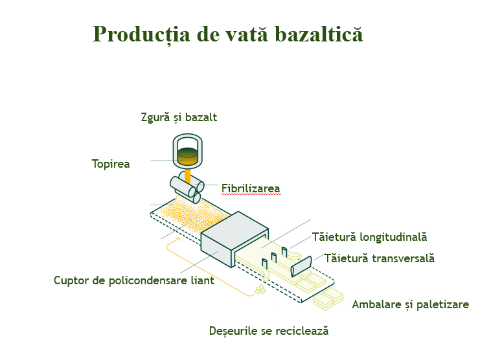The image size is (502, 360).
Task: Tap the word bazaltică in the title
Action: pyautogui.click(x=319, y=33)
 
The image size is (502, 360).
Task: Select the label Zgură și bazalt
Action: pyautogui.click(x=179, y=117)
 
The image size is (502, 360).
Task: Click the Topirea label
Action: pyautogui.click(x=111, y=164)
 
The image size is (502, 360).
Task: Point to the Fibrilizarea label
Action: pyautogui.click(x=251, y=188)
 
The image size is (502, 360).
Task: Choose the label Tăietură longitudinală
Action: pyautogui.click(x=369, y=237)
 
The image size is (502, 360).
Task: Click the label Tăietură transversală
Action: pyautogui.click(x=380, y=258)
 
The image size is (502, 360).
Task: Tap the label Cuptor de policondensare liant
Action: pyautogui.click(x=134, y=280)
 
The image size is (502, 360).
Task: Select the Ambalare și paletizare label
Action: pyautogui.click(x=411, y=304)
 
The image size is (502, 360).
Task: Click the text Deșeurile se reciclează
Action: pyautogui.click(x=269, y=331)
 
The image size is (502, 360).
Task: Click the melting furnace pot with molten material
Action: pyautogui.click(x=188, y=151)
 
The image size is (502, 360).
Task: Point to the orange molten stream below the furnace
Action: pyautogui.click(x=188, y=177)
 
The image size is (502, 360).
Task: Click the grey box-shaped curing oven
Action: pyautogui.click(x=234, y=239)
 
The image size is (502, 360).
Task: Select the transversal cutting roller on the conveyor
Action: pyautogui.click(x=301, y=266)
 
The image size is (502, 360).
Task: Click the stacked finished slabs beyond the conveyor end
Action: pyautogui.click(x=328, y=299)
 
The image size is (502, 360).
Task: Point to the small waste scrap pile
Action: pyautogui.click(x=260, y=289)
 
